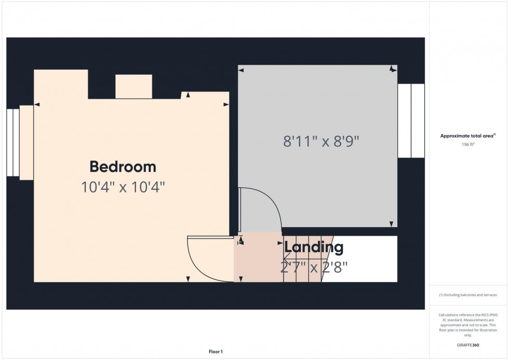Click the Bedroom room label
123,167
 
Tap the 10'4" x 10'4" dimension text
123,187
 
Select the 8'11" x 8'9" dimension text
321,141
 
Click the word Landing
313,248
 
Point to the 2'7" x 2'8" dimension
313,267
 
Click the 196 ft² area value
468,144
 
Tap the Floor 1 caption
215,352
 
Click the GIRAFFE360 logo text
468,344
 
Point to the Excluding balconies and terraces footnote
468,295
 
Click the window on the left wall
13,142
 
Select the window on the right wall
411,121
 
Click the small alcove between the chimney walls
133,86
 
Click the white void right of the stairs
364,259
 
